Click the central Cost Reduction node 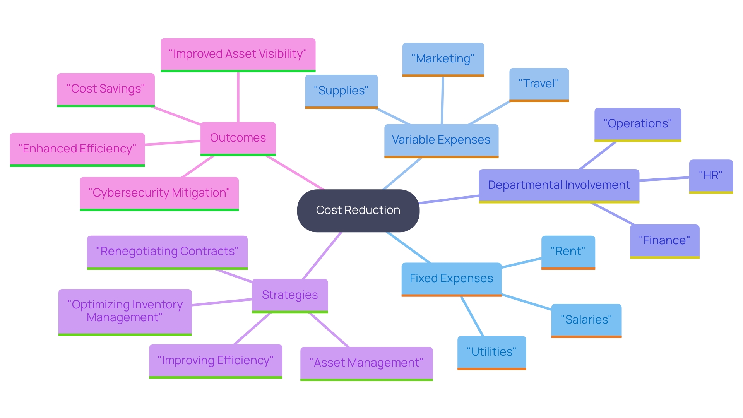358,210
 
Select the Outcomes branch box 238,138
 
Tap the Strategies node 289,295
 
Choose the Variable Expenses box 441,140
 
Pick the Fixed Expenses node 451,278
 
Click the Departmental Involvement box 558,185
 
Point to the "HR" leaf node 710,175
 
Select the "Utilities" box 491,352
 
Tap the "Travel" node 539,84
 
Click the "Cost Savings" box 106,89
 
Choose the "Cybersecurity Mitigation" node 159,193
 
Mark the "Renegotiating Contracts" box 167,251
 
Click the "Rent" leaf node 568,251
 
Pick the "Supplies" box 341,91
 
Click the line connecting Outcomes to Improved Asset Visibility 238,97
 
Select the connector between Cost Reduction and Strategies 322,255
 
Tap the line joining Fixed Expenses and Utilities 472,316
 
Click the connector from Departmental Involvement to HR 664,179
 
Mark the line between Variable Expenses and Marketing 442,101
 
